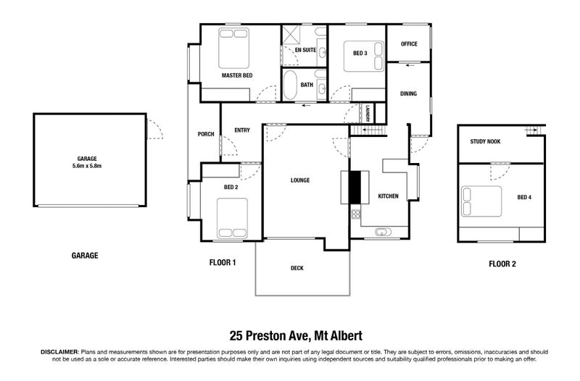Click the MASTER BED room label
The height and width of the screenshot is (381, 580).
point(237,75)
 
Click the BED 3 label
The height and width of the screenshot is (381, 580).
point(360,53)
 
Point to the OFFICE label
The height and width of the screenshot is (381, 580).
point(410,44)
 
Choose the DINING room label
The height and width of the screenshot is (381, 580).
point(409,93)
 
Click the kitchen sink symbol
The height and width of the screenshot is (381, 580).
point(382,233)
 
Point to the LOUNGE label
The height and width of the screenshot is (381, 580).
point(300,180)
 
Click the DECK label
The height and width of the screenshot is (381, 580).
point(297,268)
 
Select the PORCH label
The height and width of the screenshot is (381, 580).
point(205,134)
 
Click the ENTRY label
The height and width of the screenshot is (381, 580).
point(242,130)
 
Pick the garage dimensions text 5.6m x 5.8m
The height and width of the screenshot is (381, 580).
point(88,165)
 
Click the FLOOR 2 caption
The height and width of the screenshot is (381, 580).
point(502,264)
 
